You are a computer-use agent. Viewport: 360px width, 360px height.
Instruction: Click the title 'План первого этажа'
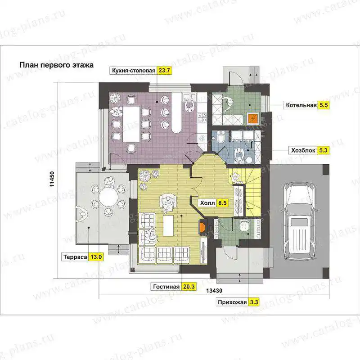point(57,65)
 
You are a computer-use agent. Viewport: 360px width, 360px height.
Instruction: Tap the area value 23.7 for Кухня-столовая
point(164,70)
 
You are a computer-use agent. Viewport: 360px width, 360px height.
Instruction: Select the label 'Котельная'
point(301,105)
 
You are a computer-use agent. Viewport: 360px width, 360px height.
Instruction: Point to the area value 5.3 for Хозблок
point(323,150)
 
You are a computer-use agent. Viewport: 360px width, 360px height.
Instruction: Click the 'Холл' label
point(207,203)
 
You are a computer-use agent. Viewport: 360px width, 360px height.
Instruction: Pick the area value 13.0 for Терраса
point(96,256)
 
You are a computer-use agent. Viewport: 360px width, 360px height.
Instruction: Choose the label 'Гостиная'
point(166,287)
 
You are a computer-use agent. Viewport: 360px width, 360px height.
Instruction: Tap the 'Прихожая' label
point(232,302)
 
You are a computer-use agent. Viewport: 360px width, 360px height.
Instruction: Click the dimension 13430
point(214,291)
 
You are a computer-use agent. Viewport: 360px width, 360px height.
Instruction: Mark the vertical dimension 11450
point(52,179)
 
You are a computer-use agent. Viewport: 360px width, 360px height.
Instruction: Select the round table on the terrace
point(108,197)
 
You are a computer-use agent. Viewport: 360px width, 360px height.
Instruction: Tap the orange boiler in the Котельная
point(253,118)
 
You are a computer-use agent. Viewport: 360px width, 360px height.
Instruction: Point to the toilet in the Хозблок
point(221,137)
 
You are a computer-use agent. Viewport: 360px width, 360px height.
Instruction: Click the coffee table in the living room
point(168,225)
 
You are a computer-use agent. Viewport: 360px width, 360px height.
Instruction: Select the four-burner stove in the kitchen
point(202,117)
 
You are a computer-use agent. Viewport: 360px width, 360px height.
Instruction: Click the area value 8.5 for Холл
point(222,203)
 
